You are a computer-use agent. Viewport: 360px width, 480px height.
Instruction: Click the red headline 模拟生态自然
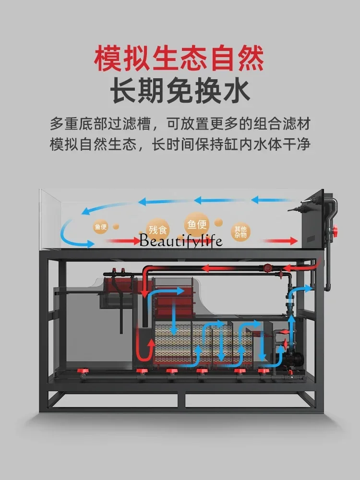(179, 58)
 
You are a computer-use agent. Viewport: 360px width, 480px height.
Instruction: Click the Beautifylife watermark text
(181, 240)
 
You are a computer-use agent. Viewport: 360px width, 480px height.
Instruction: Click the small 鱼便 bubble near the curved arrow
(101, 227)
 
